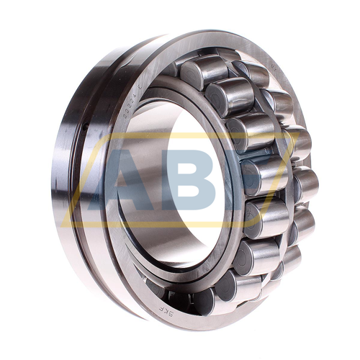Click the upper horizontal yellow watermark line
(180, 135)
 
